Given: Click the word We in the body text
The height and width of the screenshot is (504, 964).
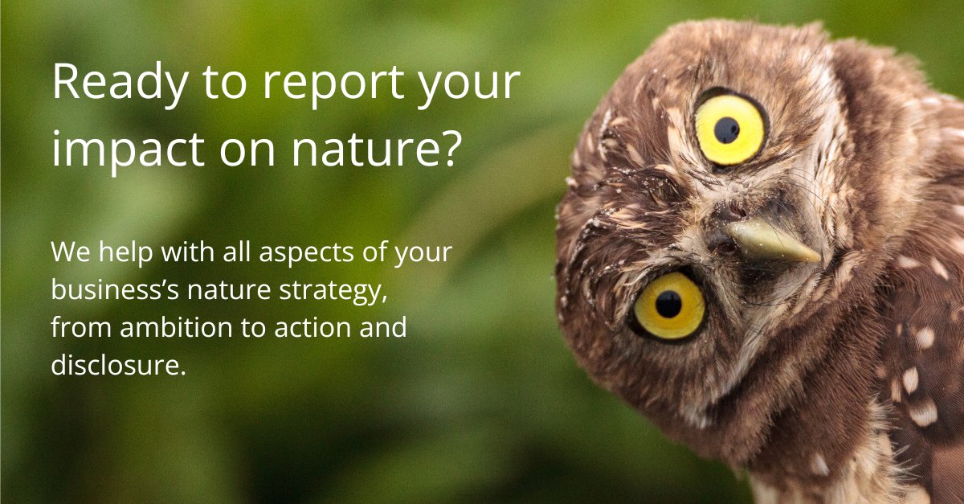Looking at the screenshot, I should coord(68,253).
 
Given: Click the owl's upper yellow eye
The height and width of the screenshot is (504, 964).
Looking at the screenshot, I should coord(729,129).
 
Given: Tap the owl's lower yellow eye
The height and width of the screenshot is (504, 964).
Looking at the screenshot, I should coord(669,305).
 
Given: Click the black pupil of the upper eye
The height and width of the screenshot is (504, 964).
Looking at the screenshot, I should coord(727,130).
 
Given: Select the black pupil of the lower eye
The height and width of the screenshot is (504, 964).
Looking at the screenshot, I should coord(668,305).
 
